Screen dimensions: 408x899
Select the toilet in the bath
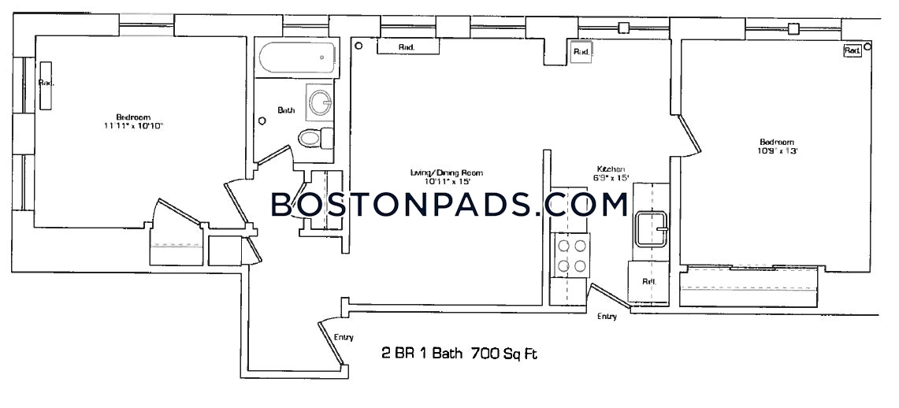312,139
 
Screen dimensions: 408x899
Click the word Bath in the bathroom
286,111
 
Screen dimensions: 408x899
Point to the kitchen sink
651,228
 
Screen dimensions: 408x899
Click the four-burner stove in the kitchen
572,256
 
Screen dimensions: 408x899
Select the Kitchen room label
611,169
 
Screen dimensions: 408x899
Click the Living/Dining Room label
446,172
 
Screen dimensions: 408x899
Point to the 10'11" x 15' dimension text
446,182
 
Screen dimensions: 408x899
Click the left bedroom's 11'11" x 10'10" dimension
133,126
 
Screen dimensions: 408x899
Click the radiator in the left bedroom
46,84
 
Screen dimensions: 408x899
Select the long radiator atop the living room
407,48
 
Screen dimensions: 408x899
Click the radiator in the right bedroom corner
852,50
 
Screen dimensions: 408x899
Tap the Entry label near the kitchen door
607,317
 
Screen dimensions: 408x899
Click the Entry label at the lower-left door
343,337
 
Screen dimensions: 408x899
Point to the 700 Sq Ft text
503,354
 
